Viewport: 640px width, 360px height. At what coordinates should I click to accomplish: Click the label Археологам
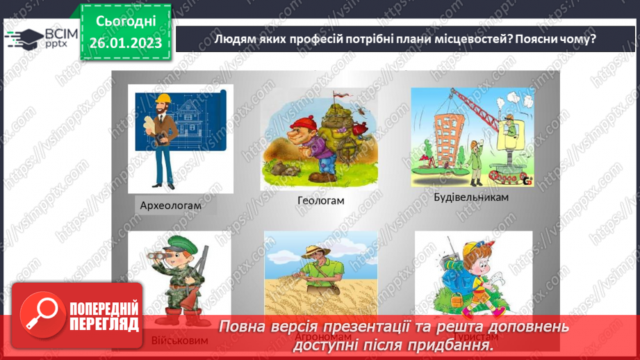point(170,205)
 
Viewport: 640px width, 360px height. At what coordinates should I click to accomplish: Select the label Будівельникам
point(471,197)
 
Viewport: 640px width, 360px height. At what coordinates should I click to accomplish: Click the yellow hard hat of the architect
point(163,97)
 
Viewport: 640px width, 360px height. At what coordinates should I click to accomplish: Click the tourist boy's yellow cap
point(470,249)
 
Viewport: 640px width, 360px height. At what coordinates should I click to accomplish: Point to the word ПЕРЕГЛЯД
point(104,323)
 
